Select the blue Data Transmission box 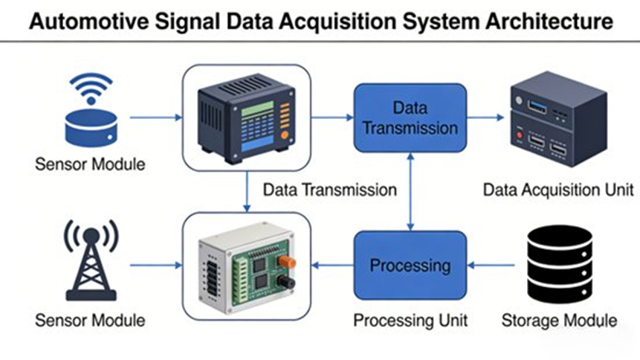click(410, 118)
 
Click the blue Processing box click(410, 265)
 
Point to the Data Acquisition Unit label click(558, 190)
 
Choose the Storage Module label click(559, 321)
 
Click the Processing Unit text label click(410, 321)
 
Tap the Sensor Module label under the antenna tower click(90, 321)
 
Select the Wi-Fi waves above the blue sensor click(91, 89)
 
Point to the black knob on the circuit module click(285, 283)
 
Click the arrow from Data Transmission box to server click(486, 118)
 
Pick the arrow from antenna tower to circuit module click(156, 265)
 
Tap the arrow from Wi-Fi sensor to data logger click(156, 118)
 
